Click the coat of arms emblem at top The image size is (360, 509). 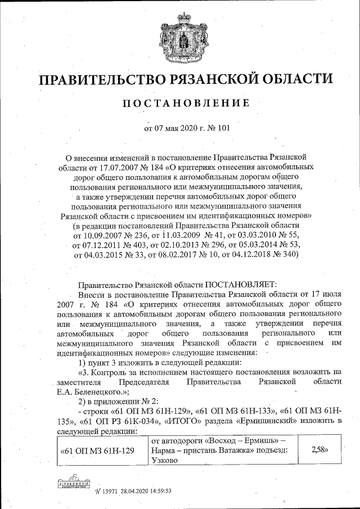click(180, 35)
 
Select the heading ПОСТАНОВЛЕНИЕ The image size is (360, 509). click(180, 103)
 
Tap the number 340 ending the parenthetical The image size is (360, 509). click(291, 255)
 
